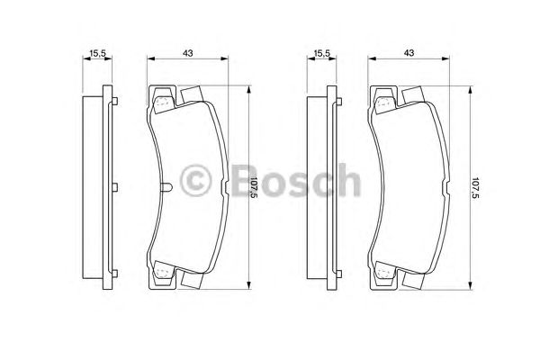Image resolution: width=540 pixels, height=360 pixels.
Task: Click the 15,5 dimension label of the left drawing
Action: [x=97, y=54]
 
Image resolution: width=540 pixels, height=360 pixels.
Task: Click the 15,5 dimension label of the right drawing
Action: [x=319, y=54]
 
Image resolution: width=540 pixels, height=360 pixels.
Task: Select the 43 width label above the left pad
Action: [x=188, y=54]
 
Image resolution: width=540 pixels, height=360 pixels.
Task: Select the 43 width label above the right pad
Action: [x=409, y=54]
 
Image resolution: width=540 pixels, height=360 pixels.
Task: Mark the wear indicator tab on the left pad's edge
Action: [x=169, y=187]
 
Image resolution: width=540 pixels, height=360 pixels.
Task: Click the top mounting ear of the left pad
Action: [x=161, y=101]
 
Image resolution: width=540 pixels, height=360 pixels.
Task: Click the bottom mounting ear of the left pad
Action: [x=161, y=272]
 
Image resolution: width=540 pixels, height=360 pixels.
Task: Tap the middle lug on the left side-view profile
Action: [x=116, y=187]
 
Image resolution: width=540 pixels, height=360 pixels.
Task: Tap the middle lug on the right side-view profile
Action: [x=338, y=187]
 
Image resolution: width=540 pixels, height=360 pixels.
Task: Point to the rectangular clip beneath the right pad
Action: [x=413, y=281]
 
